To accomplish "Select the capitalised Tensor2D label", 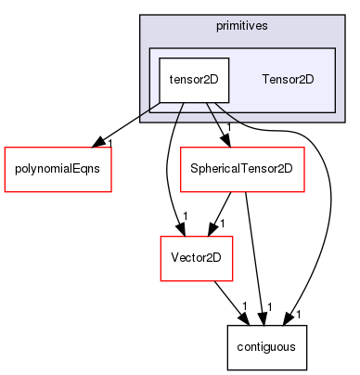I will [288, 79].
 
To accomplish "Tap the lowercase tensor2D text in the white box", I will [193, 79].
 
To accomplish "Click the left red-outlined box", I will [58, 169].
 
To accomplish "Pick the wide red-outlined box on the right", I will [242, 169].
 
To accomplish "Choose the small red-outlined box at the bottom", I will [196, 258].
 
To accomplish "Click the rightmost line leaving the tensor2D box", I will [232, 120].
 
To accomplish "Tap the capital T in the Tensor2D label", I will [265, 79].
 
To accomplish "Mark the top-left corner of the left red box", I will [5, 148].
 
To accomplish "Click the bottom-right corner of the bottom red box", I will [232, 280].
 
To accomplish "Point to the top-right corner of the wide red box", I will [304, 148].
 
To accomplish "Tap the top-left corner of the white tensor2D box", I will [159, 58].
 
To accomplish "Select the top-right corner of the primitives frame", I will [344, 16].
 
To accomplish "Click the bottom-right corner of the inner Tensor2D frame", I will [335, 111].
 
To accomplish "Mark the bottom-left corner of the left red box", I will [5, 192].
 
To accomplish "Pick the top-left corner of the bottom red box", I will [161, 237].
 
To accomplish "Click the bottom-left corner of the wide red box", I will [181, 192].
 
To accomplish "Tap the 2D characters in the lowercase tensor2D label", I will [211, 79].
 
